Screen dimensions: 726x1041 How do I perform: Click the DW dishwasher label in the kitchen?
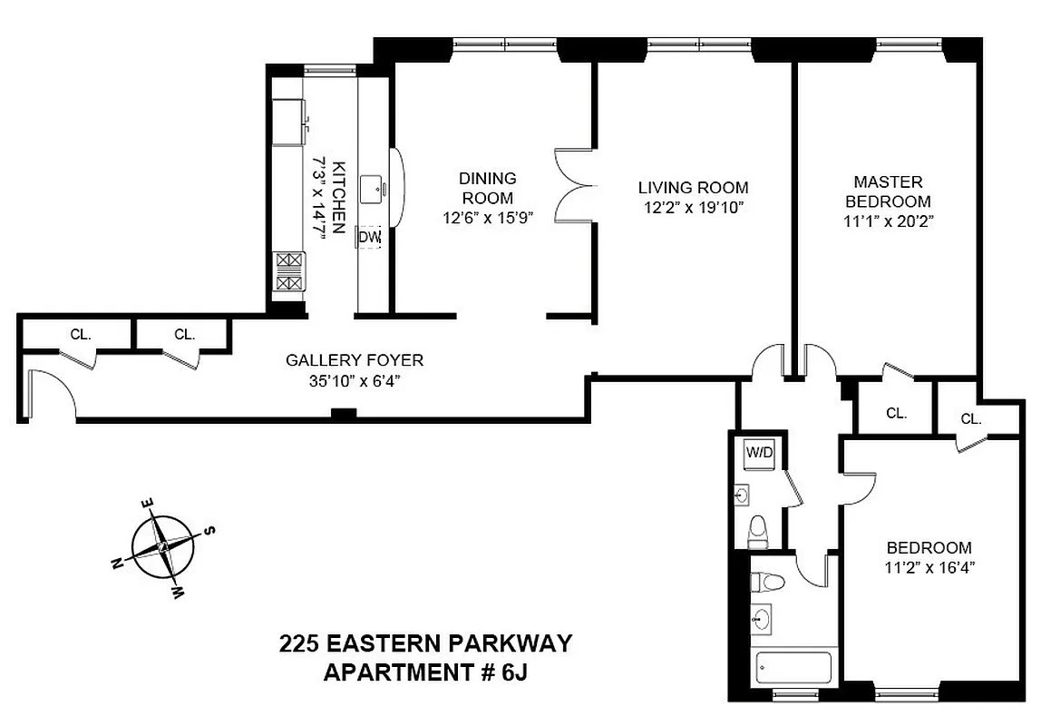[369, 238]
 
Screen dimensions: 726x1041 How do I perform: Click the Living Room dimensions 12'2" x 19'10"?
[694, 207]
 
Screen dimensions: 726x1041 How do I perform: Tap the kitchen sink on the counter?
[373, 189]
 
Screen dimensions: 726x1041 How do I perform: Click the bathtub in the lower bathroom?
[793, 669]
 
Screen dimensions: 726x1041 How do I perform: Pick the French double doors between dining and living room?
[573, 187]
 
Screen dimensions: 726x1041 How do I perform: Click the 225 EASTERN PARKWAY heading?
[425, 643]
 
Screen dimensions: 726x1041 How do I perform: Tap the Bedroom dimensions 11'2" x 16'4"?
[929, 568]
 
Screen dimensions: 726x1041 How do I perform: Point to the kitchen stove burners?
[288, 272]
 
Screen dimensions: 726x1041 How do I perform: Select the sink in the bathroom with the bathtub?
[763, 619]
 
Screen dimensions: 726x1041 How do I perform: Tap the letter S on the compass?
[208, 530]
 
